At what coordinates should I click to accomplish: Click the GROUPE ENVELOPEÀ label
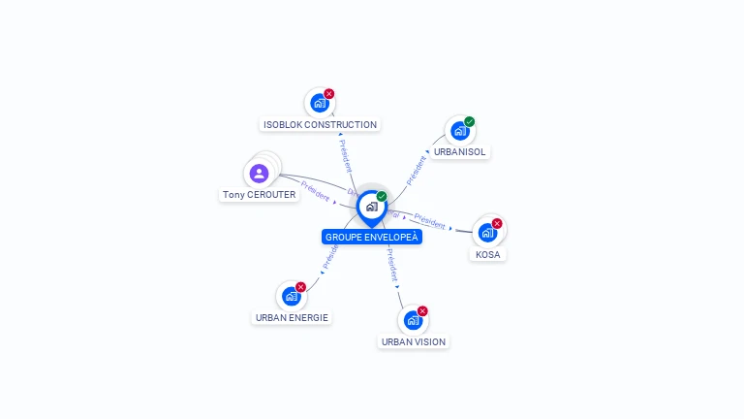(372, 237)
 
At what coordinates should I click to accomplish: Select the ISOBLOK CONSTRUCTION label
(320, 124)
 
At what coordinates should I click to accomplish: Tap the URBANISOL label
(460, 151)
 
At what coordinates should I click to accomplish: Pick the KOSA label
(488, 254)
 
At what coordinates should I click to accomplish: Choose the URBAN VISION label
(414, 341)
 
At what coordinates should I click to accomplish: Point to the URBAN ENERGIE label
(292, 317)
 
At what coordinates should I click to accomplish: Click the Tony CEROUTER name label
(259, 194)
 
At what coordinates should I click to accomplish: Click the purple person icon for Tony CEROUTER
(259, 174)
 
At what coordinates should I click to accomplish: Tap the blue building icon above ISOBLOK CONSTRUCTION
(319, 103)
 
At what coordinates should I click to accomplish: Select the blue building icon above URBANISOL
(459, 130)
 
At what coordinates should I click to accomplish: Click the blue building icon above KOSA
(487, 233)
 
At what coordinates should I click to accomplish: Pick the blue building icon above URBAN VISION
(413, 320)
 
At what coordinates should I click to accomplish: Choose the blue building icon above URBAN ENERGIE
(291, 296)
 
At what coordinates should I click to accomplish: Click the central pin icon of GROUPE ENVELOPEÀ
(371, 207)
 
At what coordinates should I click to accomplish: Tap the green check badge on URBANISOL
(470, 121)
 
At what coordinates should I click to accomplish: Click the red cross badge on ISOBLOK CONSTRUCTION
(329, 94)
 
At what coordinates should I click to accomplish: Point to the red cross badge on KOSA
(497, 224)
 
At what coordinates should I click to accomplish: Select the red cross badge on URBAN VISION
(422, 311)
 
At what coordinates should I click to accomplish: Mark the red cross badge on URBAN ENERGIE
(300, 287)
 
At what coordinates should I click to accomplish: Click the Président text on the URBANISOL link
(416, 169)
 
